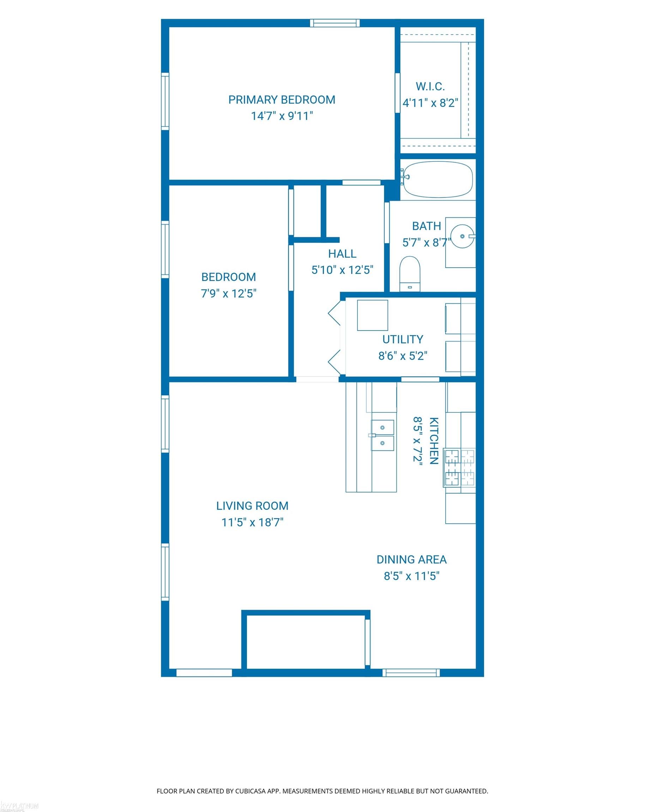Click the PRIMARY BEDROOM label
tap(282, 100)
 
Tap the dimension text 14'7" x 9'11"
tap(282, 116)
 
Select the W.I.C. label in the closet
tap(430, 86)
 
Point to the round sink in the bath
tap(462, 236)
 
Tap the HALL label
tap(342, 254)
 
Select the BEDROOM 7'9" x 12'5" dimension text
tap(229, 293)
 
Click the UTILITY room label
tap(403, 339)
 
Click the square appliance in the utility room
tap(372, 315)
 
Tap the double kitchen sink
tap(382, 435)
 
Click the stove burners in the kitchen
tap(460, 467)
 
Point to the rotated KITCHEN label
tap(434, 441)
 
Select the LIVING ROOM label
tap(252, 506)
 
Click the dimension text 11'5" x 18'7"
tap(252, 523)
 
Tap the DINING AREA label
tap(411, 559)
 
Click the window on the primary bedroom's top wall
tap(335, 23)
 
